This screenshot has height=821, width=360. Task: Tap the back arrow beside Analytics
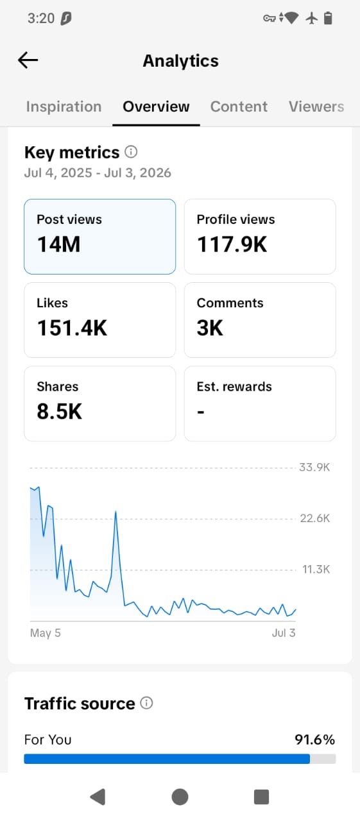[28, 60]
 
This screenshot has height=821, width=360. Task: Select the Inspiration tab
[64, 106]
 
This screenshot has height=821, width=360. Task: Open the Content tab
[239, 106]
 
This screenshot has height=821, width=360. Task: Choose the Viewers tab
[316, 106]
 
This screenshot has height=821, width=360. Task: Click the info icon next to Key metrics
[131, 151]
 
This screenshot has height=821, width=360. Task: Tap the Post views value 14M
[58, 244]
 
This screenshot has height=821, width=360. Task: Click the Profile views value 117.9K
[232, 244]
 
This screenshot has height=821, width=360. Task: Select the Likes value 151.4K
[72, 328]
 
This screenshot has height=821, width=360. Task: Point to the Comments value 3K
[210, 328]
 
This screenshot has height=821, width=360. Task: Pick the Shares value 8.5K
[60, 411]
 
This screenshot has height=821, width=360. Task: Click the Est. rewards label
[234, 387]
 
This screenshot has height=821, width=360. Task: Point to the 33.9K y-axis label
[314, 468]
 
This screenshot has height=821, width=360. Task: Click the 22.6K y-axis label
[315, 518]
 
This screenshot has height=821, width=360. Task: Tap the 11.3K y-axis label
[316, 569]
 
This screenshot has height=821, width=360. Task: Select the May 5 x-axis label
[46, 633]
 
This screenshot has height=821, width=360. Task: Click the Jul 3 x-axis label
[284, 633]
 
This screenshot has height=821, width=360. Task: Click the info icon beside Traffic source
[147, 703]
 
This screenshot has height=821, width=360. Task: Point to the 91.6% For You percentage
[314, 740]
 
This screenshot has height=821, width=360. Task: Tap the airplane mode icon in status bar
[312, 18]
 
